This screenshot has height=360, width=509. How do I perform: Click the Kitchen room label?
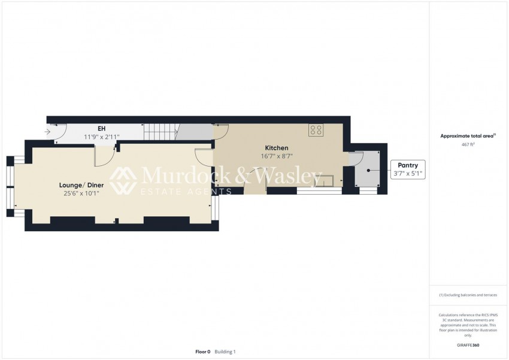[x=277, y=148]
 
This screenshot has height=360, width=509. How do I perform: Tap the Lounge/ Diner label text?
[x=80, y=185]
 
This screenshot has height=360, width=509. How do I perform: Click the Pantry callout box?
[x=408, y=170]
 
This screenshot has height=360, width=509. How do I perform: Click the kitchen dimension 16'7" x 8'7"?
[x=277, y=156]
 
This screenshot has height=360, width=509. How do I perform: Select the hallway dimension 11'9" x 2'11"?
[x=101, y=137]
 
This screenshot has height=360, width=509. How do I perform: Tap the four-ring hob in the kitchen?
[x=316, y=130]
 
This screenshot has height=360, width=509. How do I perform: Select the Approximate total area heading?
[x=468, y=137]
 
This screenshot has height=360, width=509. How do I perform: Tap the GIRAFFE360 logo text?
[x=468, y=345]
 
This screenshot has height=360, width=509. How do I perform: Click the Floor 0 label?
[x=203, y=352]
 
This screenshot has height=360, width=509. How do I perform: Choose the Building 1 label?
[x=225, y=352]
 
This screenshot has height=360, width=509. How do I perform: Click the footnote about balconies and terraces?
[x=468, y=295]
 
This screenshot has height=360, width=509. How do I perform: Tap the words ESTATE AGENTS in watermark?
[x=186, y=192]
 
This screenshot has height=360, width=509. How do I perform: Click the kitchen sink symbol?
[x=328, y=180]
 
